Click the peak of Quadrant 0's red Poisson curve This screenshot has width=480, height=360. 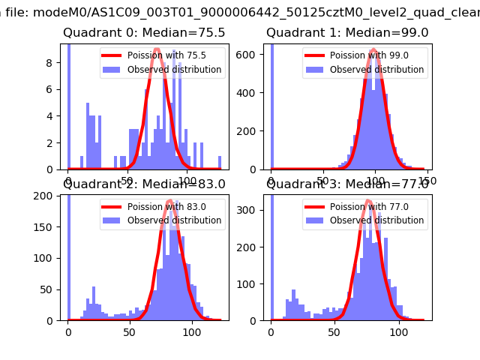(157, 49)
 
